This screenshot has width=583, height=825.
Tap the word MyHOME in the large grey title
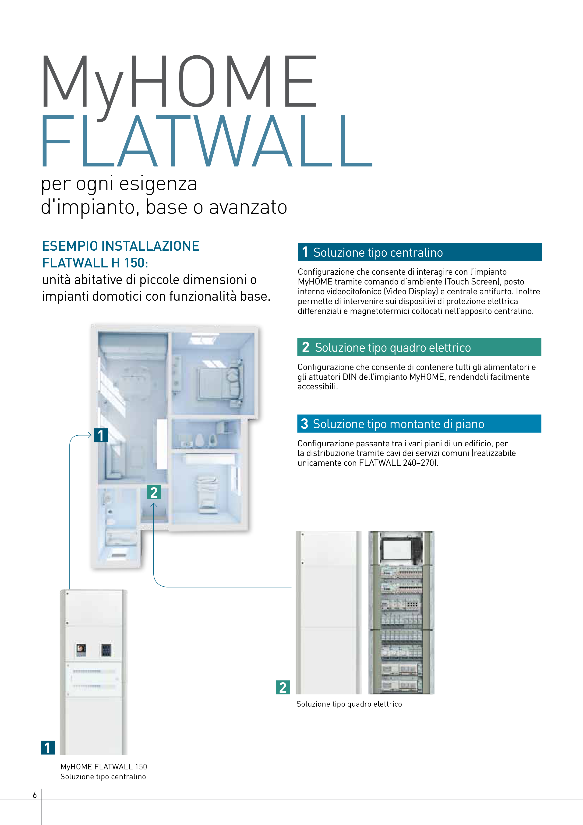179,82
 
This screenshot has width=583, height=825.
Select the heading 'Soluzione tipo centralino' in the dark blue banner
378,252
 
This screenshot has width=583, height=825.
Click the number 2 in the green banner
306,348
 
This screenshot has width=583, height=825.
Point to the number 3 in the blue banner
304,424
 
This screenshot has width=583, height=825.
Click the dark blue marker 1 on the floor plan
101,435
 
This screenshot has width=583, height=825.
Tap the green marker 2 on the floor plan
154,492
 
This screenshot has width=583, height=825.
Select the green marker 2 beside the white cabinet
283,687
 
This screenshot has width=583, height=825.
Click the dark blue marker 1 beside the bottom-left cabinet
48,748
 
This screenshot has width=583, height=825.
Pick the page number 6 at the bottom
35,795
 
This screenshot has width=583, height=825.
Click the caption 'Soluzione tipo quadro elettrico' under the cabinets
349,704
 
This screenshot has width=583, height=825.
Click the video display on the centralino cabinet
81,649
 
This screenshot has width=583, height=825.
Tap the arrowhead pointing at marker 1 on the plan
90,435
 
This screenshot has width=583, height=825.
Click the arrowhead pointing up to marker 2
154,505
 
